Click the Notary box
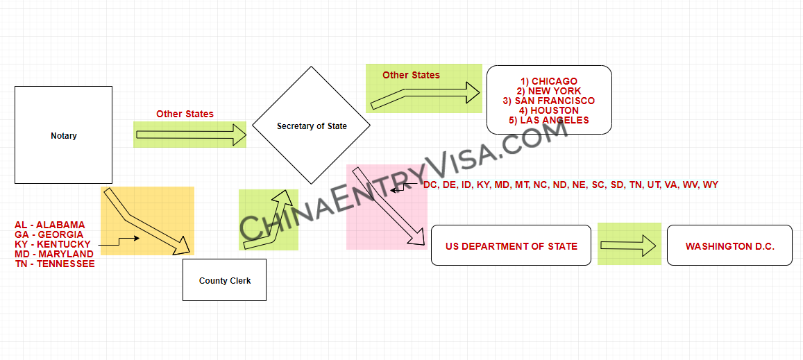pos(63,135)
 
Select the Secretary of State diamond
pos(312,126)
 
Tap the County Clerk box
pos(224,280)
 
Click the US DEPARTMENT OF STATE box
pos(511,246)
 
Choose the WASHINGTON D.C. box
pos(729,246)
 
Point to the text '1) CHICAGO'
pos(549,81)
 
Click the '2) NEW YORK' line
pos(549,91)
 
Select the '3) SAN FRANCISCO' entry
pos(549,101)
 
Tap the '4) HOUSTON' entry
pos(549,110)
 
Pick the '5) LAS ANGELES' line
pos(549,120)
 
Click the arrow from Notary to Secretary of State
pos(191,135)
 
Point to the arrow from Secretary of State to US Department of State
pos(387,206)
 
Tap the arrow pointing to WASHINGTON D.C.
pos(628,245)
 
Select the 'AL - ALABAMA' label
pos(50,225)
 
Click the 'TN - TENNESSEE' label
pos(54,264)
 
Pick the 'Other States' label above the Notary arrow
pos(185,114)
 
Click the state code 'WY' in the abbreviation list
pos(711,185)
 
